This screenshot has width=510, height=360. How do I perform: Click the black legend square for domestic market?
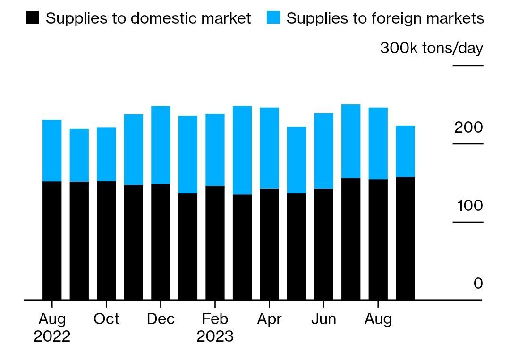click(x=33, y=18)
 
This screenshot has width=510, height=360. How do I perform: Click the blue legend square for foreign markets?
click(x=273, y=18)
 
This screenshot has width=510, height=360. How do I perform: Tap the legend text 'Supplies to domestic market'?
click(x=148, y=18)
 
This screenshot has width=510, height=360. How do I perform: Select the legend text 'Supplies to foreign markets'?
click(x=385, y=18)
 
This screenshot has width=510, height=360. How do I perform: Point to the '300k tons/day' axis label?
click(x=431, y=48)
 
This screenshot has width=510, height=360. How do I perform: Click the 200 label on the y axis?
click(x=469, y=127)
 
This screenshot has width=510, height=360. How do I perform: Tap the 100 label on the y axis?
click(x=470, y=206)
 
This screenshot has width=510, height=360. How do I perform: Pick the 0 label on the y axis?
click(x=478, y=284)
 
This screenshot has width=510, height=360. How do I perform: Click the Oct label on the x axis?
click(x=106, y=319)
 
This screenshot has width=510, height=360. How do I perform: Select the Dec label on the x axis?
click(x=161, y=319)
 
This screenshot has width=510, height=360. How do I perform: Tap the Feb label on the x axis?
click(x=215, y=319)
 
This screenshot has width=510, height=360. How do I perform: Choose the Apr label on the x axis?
click(x=269, y=319)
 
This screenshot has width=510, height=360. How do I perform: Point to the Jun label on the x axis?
click(x=323, y=319)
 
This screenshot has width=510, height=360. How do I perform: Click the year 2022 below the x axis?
click(x=52, y=336)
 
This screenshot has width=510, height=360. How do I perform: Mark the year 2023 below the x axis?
click(x=215, y=336)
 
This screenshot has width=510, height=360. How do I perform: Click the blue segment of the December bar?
click(x=161, y=145)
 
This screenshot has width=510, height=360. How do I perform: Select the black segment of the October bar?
click(x=106, y=240)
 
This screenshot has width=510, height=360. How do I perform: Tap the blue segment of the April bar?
click(x=269, y=148)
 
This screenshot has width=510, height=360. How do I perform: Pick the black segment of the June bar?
click(x=323, y=244)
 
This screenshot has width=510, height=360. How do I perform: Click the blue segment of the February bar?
click(x=215, y=150)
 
